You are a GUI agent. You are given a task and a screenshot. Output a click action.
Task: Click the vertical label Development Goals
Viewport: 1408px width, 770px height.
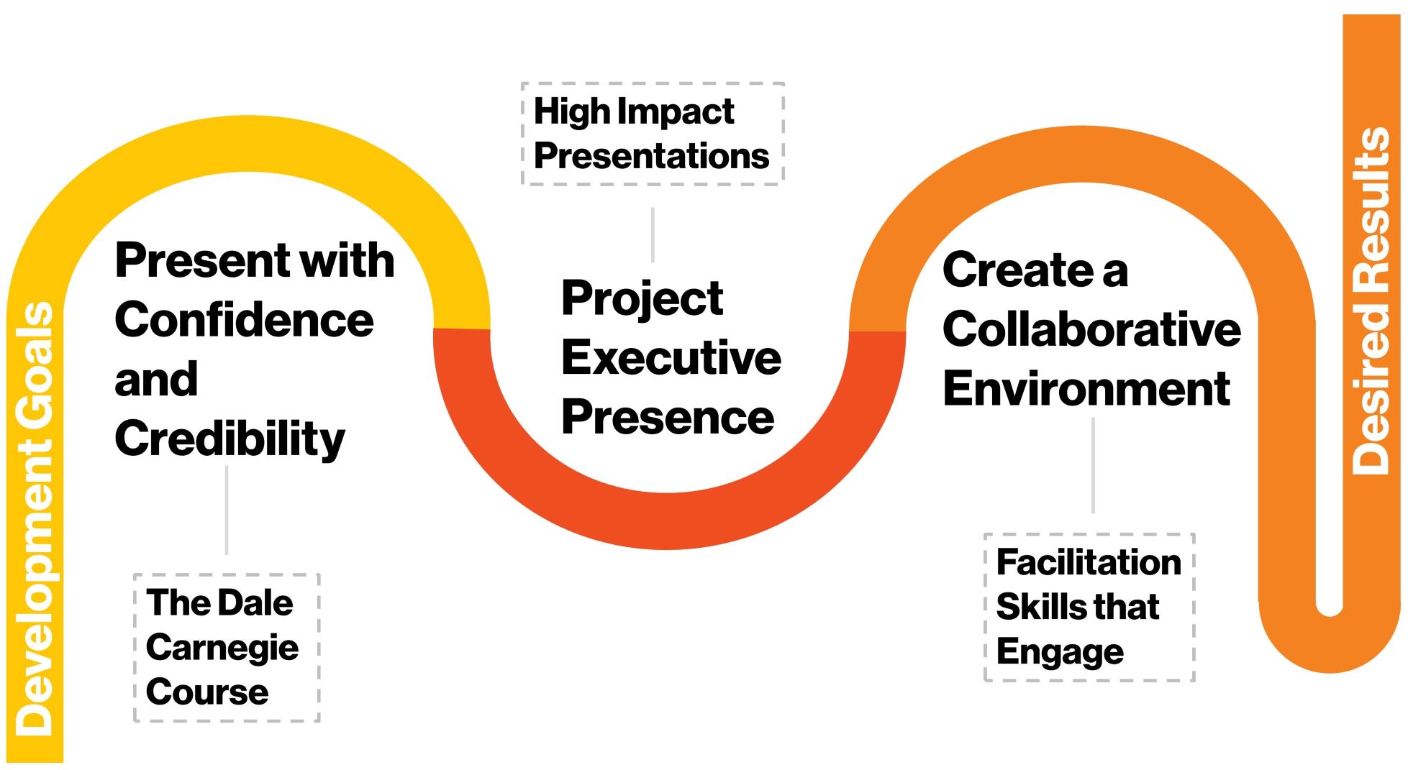[35, 518]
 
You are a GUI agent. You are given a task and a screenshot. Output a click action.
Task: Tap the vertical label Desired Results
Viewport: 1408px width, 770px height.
[1371, 301]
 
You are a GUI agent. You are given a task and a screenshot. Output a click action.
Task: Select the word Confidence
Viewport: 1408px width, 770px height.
[244, 320]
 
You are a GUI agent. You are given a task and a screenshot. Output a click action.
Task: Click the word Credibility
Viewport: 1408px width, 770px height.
[230, 439]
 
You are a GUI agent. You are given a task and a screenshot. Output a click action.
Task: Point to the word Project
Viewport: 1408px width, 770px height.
[642, 299]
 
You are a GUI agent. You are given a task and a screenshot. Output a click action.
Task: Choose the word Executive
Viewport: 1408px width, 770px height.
[671, 357]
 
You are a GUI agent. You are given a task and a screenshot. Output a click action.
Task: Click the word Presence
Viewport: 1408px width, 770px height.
[668, 417]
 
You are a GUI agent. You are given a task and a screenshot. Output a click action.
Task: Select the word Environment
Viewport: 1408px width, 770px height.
[1086, 389]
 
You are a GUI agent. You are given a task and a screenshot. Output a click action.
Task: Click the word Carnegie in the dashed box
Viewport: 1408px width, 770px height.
[222, 648]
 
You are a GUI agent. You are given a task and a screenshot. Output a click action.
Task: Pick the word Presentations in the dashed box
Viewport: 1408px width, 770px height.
[651, 155]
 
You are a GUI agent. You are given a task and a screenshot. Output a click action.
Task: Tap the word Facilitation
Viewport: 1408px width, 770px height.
[1089, 562]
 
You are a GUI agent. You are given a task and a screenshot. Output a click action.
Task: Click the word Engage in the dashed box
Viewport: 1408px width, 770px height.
[1060, 652]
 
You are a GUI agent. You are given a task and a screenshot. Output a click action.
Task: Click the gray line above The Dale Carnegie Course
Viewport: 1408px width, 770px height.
[227, 510]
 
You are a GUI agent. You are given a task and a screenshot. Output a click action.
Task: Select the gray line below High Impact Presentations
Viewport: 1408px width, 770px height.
[653, 235]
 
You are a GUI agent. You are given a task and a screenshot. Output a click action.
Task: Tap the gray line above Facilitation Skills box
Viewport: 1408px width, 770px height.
[1093, 466]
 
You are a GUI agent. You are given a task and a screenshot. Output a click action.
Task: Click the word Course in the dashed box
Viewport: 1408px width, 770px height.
[207, 692]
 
